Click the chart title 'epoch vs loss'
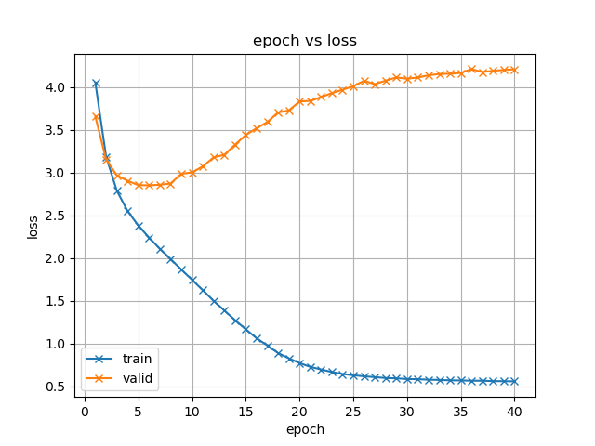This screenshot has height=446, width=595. pyautogui.click(x=305, y=41)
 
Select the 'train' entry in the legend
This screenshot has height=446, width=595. pyautogui.click(x=135, y=359)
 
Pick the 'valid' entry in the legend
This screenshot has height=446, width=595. pyautogui.click(x=136, y=378)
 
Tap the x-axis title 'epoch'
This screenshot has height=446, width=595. pyautogui.click(x=305, y=429)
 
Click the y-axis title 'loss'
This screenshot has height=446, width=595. pyautogui.click(x=33, y=228)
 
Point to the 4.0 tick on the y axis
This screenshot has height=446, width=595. pyautogui.click(x=55, y=87)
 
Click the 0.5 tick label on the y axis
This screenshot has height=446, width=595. pyautogui.click(x=55, y=387)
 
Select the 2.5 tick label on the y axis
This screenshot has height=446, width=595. pyautogui.click(x=55, y=216)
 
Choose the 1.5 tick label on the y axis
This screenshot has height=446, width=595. pyautogui.click(x=55, y=301)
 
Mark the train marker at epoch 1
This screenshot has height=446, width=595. pyautogui.click(x=96, y=83)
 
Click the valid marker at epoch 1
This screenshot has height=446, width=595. pyautogui.click(x=96, y=117)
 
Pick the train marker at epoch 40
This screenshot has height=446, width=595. pyautogui.click(x=514, y=381)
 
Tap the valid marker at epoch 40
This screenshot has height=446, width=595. pyautogui.click(x=514, y=70)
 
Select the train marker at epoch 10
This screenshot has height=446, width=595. pyautogui.click(x=192, y=280)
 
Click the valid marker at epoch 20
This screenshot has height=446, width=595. pyautogui.click(x=299, y=102)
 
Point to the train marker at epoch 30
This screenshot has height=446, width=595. pyautogui.click(x=407, y=379)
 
